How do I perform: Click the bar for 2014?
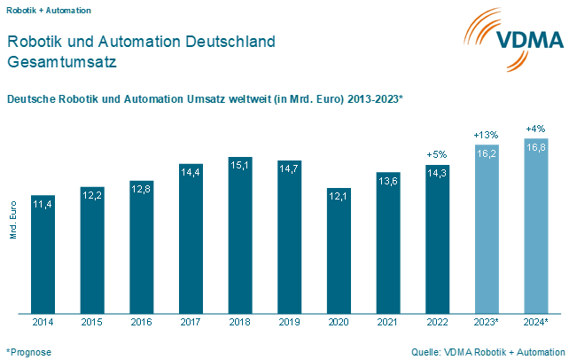(43, 254)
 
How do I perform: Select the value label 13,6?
(387, 180)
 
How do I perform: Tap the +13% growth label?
(486, 135)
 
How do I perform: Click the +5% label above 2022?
(436, 154)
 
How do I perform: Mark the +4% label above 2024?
(535, 128)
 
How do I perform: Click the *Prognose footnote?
(29, 352)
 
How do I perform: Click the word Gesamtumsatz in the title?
(61, 63)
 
